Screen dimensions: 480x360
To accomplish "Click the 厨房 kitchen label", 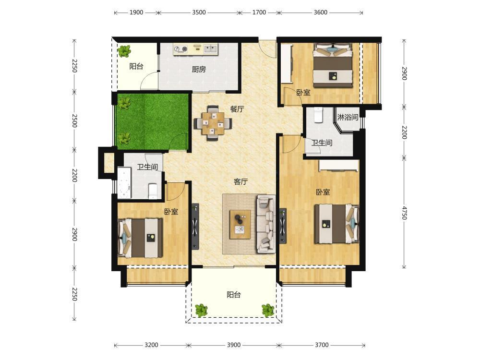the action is click(199, 70).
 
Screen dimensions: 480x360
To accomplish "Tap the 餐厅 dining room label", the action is click(237, 109).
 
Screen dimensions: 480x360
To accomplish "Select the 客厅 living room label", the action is click(240, 182).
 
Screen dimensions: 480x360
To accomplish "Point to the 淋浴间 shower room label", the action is click(348, 117).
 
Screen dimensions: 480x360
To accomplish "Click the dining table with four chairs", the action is click(213, 123).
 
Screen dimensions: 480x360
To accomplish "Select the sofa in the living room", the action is click(265, 224).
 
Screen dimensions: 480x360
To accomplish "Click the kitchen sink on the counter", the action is click(210, 48).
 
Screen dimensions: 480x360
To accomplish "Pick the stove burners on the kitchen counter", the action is click(180, 49).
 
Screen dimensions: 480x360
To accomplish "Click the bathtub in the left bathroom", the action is click(124, 183).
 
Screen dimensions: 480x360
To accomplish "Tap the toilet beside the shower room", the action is click(319, 115).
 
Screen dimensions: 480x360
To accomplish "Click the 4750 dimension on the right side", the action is click(404, 213).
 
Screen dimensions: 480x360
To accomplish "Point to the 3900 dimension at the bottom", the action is click(234, 345).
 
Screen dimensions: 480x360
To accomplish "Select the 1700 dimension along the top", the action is click(259, 12).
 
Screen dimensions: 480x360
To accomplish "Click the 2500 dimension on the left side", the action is click(74, 120).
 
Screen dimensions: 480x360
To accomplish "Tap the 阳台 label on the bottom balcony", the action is click(234, 295).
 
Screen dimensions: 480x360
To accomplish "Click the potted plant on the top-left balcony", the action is click(124, 51).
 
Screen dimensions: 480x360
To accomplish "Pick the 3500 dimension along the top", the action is click(199, 12).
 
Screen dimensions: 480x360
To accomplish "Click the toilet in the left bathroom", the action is click(153, 191).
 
